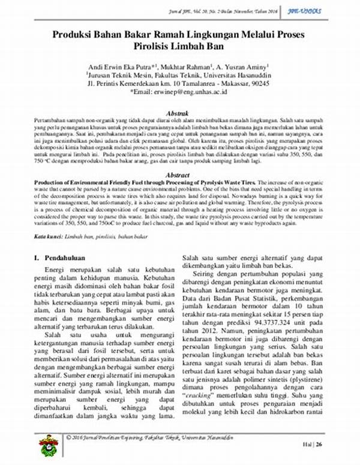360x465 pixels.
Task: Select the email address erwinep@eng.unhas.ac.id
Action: coord(187,92)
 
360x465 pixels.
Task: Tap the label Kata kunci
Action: coord(49,238)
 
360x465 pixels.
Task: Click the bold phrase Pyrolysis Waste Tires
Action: coord(231,181)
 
